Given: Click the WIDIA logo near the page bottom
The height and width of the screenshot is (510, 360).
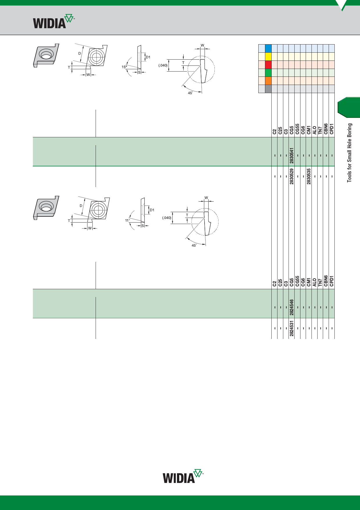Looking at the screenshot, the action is pyautogui.click(x=183, y=476).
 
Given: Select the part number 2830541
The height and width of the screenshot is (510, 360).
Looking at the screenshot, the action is pyautogui.click(x=292, y=155).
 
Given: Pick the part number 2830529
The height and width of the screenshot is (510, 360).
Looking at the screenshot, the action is pyautogui.click(x=292, y=176).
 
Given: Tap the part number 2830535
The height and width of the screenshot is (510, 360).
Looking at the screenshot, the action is pyautogui.click(x=309, y=176).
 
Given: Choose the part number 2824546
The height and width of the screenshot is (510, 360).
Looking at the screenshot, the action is pyautogui.click(x=292, y=307).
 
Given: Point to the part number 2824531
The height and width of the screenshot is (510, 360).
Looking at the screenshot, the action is pyautogui.click(x=292, y=328).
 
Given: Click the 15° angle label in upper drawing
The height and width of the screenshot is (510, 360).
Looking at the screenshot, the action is pyautogui.click(x=124, y=67).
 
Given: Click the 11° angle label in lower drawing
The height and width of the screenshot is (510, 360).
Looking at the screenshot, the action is pyautogui.click(x=127, y=221).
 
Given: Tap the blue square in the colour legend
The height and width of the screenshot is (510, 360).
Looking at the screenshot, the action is pyautogui.click(x=268, y=48).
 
